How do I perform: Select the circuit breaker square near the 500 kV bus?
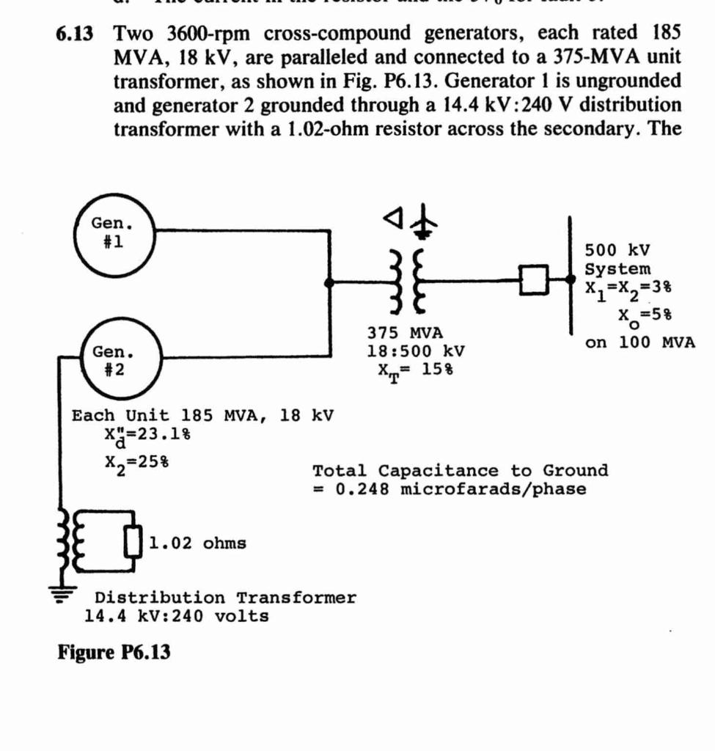pyautogui.click(x=534, y=279)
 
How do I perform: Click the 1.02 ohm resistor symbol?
pyautogui.click(x=133, y=543)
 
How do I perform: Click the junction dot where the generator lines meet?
pyautogui.click(x=330, y=281)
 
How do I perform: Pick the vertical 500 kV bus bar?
pyautogui.click(x=571, y=275)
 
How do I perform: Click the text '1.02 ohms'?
pyautogui.click(x=198, y=543)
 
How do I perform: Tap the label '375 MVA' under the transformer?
pyautogui.click(x=405, y=334)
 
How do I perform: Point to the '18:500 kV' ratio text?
pyautogui.click(x=415, y=351)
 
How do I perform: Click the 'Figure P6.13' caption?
pyautogui.click(x=114, y=651)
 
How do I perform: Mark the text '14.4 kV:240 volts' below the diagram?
pyautogui.click(x=177, y=616)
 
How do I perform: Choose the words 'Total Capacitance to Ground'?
pyautogui.click(x=460, y=471)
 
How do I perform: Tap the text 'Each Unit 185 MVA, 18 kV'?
pyautogui.click(x=202, y=416)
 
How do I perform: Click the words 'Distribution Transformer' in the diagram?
pyautogui.click(x=225, y=598)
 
